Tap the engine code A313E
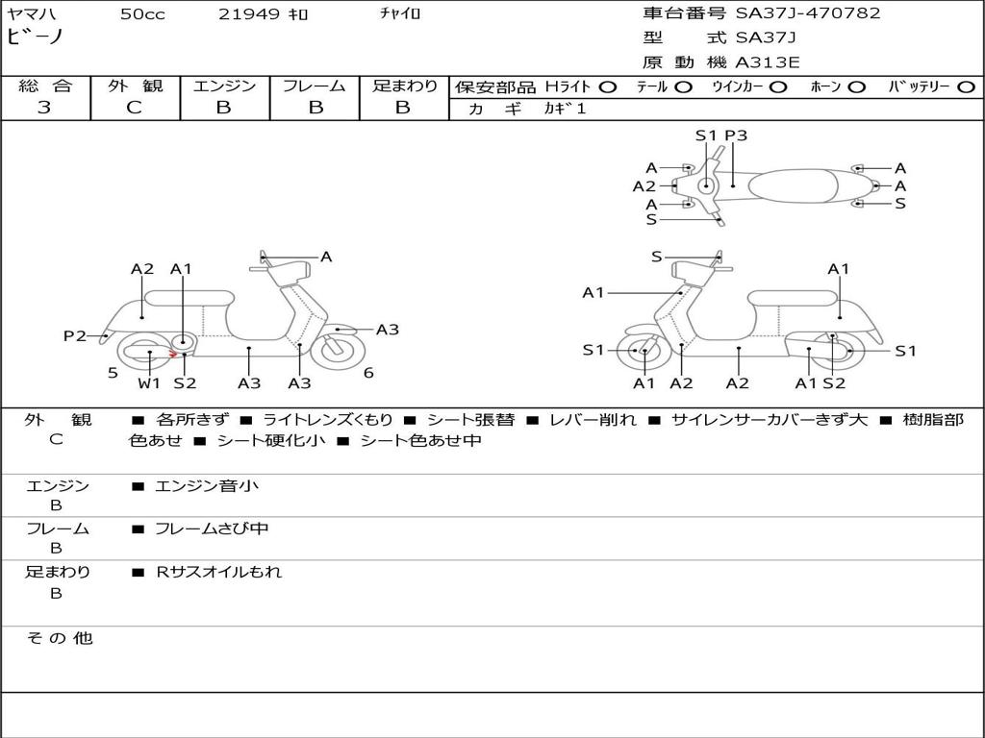coord(767,63)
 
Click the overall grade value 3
coord(44,108)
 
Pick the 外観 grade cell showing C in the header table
coord(134,108)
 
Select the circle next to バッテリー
coord(966,87)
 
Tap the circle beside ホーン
coord(857,87)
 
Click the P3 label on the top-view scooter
coord(736,135)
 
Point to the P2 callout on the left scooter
coord(75,335)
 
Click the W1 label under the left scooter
coord(149,383)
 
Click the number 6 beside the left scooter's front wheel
coord(368,373)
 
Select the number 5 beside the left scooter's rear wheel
coord(113,373)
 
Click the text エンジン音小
coord(207,486)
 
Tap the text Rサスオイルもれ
coord(219,572)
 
